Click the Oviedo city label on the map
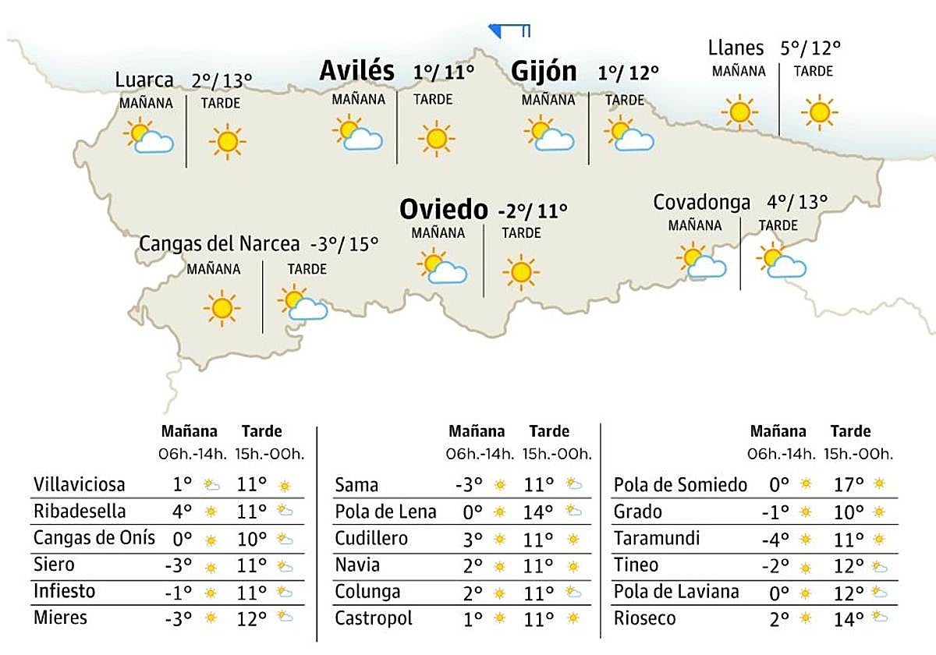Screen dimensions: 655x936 443,209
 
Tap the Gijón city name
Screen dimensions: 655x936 544,72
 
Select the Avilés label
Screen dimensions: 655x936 357,71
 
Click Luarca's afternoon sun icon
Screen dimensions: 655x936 227,141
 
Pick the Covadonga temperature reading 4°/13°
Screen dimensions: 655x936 796,202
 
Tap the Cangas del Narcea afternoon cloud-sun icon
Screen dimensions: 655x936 303,304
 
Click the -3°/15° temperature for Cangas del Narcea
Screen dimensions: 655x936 344,243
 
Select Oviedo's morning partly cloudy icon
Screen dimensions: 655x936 441,267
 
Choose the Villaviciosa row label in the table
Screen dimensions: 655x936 80,485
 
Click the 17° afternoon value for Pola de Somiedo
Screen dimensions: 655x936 849,485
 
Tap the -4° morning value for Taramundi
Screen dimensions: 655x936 780,539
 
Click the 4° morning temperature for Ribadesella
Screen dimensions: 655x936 182,512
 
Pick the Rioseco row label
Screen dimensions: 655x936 644,619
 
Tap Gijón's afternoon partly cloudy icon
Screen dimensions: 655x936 629,134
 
